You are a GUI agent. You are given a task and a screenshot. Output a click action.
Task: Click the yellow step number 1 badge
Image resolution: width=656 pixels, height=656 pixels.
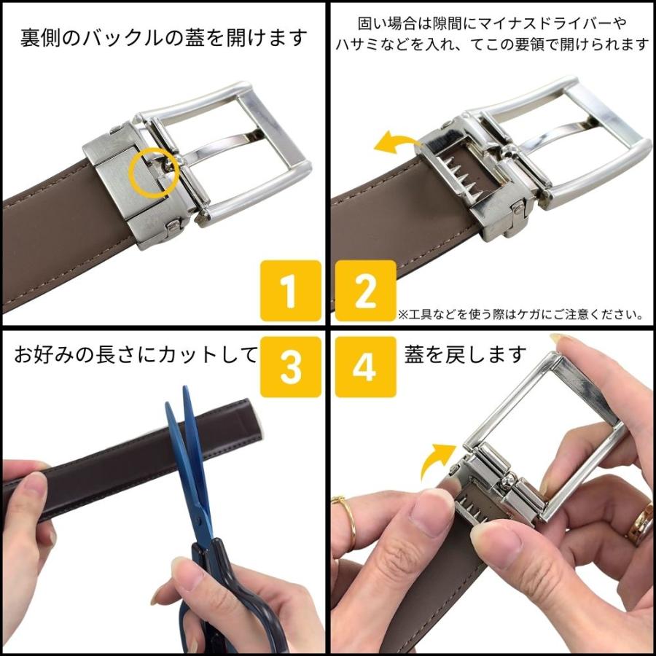point(290,291)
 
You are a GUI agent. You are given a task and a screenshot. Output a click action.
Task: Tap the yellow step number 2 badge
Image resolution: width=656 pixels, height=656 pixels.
point(366,291)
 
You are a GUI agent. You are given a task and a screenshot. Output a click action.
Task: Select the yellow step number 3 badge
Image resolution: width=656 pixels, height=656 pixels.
point(290,367)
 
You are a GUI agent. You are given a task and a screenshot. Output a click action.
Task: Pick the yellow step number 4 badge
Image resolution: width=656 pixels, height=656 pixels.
point(366,367)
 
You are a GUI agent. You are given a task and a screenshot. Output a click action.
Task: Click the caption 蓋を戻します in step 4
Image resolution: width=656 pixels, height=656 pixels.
point(465,354)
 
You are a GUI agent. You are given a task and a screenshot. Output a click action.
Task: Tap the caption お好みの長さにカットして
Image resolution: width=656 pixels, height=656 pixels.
point(136,355)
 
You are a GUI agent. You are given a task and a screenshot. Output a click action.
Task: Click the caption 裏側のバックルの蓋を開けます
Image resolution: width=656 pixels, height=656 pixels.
point(163,38)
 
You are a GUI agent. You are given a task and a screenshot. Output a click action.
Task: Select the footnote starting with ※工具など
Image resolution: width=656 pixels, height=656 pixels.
point(521,314)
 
